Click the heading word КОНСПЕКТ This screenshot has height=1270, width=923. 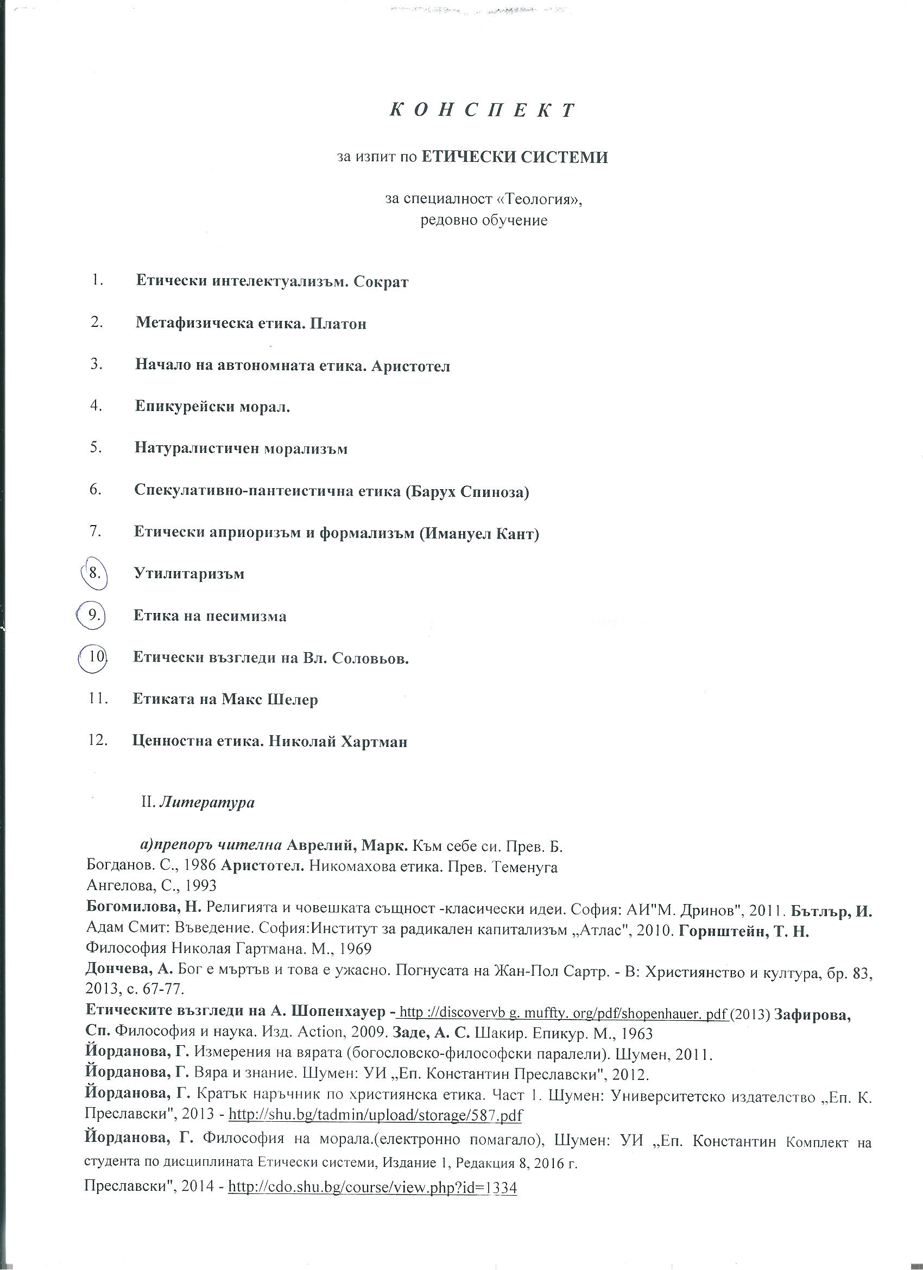pyautogui.click(x=482, y=110)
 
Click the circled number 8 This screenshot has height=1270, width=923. pyautogui.click(x=94, y=573)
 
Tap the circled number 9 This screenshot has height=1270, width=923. pyautogui.click(x=93, y=615)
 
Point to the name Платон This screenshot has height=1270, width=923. pyautogui.click(x=338, y=324)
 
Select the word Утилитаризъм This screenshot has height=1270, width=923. pyautogui.click(x=189, y=574)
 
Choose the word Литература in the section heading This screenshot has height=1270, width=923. pyautogui.click(x=207, y=803)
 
